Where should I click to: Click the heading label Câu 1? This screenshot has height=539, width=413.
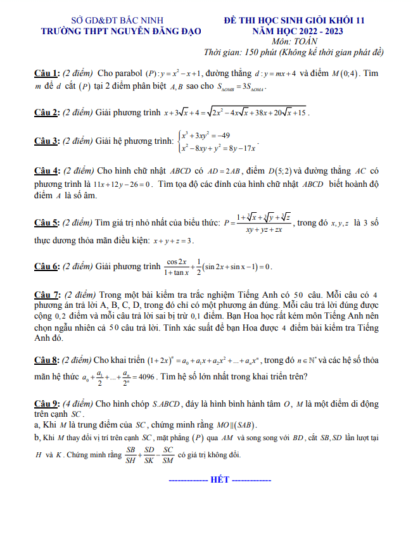[48, 73]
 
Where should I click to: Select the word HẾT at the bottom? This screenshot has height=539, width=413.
[219, 479]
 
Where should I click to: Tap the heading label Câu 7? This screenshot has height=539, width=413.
[48, 295]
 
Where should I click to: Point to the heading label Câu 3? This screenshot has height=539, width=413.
[48, 141]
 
